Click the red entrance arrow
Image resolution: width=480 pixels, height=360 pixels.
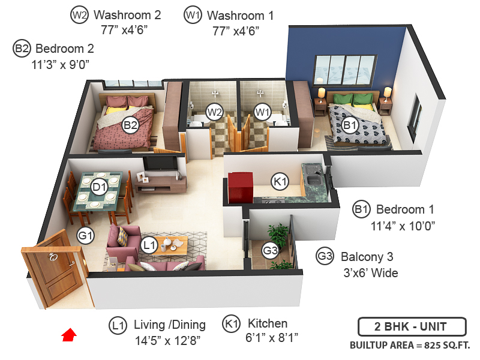click(70, 334)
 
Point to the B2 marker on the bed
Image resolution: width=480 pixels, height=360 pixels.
click(130, 125)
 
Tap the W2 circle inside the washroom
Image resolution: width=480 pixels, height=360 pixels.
click(214, 111)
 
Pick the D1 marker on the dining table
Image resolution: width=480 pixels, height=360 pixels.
click(99, 187)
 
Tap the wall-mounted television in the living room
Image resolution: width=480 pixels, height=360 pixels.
click(162, 163)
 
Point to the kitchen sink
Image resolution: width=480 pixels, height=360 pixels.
click(313, 178)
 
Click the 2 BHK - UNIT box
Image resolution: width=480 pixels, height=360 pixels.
click(411, 328)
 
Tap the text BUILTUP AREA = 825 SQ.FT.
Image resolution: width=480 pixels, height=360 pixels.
click(410, 345)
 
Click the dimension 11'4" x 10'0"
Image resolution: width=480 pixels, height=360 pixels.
click(403, 226)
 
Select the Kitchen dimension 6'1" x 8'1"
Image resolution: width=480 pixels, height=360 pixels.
click(272, 339)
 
